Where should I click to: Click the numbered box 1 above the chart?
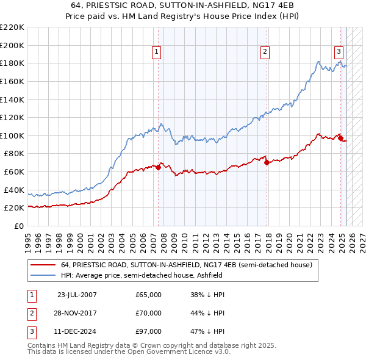click(x=157, y=52)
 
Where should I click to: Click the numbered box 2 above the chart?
click(x=265, y=52)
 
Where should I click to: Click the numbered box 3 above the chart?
click(x=339, y=52)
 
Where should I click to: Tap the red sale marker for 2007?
click(x=158, y=167)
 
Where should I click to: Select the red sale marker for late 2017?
click(x=267, y=162)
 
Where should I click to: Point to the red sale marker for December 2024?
click(x=340, y=138)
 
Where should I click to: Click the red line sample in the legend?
click(x=42, y=265)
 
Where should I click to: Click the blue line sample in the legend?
click(x=42, y=275)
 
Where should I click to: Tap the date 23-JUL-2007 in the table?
click(x=77, y=294)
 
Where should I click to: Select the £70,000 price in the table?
click(x=148, y=313)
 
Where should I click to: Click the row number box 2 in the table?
click(x=30, y=313)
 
